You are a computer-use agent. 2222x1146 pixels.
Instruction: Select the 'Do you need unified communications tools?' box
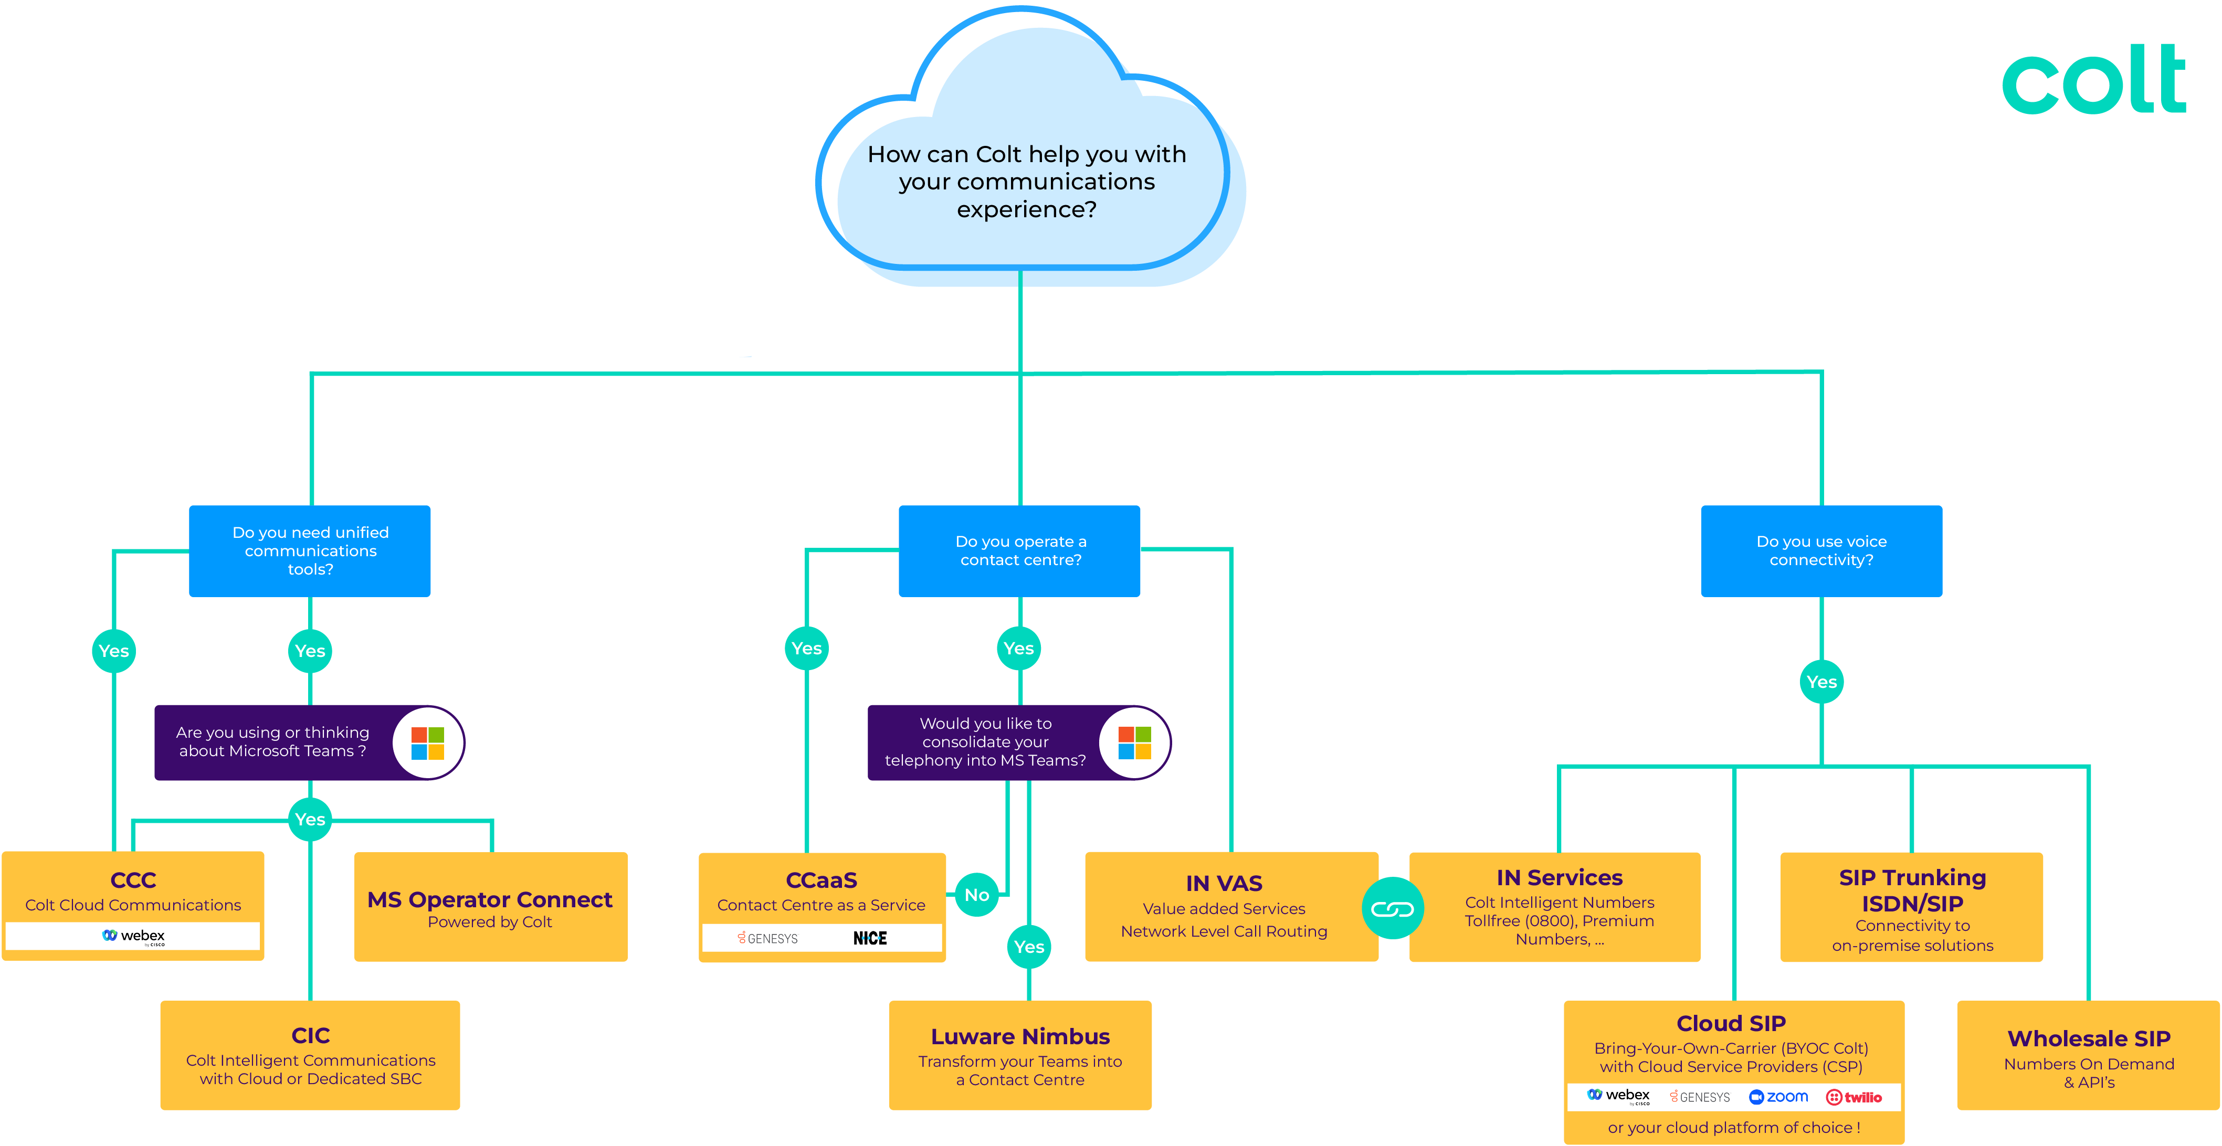point(310,551)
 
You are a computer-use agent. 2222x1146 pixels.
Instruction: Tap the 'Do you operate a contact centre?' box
point(1019,551)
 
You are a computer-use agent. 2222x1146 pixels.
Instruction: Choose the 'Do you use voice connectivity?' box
point(1821,551)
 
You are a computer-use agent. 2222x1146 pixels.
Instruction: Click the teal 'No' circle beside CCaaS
point(976,895)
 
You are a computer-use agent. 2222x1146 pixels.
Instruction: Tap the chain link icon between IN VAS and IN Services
point(1392,909)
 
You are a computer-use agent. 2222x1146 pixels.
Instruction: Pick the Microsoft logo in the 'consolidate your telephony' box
point(1134,742)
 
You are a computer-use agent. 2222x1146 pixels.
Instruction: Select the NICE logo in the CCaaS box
point(869,938)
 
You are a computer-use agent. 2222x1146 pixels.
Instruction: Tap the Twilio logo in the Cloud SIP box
point(1854,1097)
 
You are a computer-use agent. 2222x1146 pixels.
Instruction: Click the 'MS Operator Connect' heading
point(490,899)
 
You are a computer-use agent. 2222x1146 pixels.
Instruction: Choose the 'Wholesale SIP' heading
point(2088,1039)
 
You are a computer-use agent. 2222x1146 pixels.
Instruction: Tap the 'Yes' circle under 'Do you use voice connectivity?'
point(1821,682)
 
